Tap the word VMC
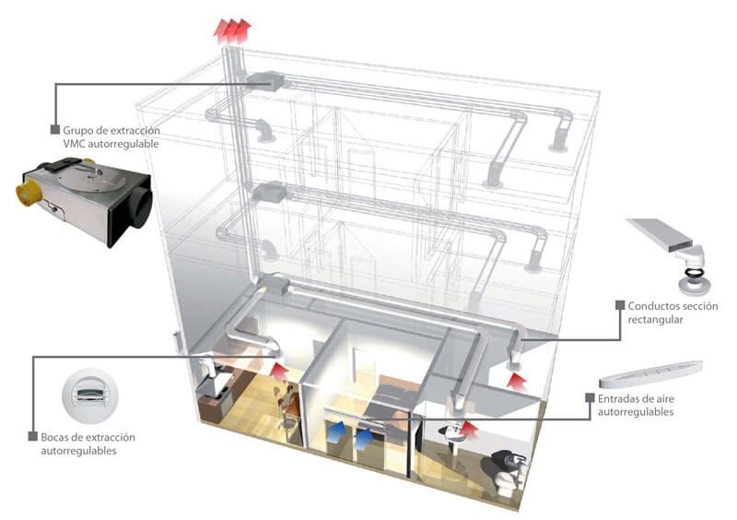pos(75,145)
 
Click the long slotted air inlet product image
pos(649,373)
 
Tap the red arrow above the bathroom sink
pos(472,427)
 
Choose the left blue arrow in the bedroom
pos(339,431)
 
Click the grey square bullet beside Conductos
pos(620,305)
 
